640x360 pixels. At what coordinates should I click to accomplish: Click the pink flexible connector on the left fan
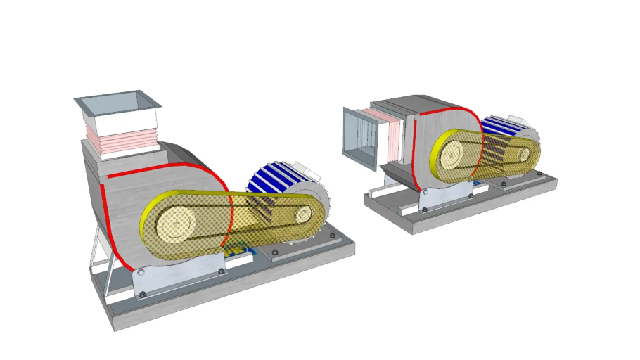click(120, 137)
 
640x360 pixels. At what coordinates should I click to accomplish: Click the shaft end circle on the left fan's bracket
click(141, 271)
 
